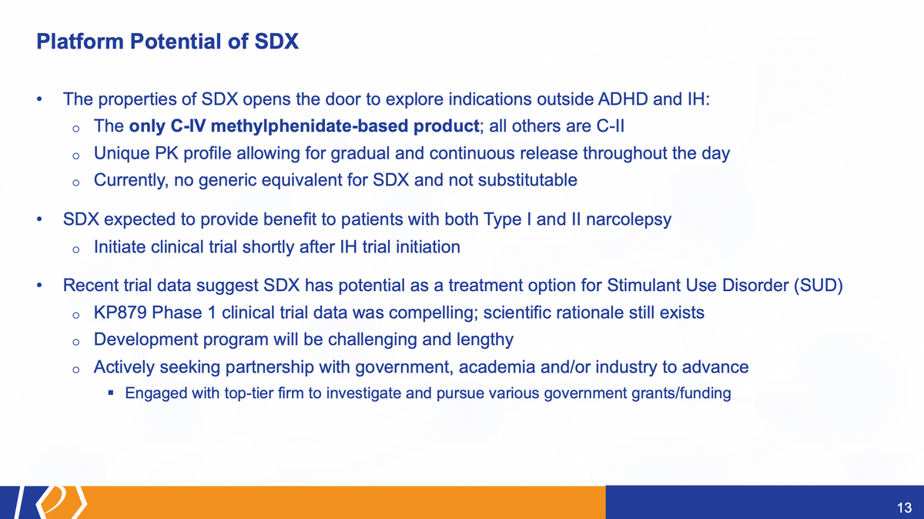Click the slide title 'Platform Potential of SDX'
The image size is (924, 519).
168,42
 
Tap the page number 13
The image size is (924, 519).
904,507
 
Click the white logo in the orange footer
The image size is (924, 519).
50,503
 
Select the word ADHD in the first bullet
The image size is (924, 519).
622,99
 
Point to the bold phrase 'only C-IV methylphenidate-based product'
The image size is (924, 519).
304,126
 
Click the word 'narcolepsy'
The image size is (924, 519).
628,219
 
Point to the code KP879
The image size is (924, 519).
120,313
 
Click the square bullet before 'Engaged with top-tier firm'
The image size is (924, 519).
111,393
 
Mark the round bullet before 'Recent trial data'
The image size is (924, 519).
39,286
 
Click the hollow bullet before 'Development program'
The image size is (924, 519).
75,342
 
